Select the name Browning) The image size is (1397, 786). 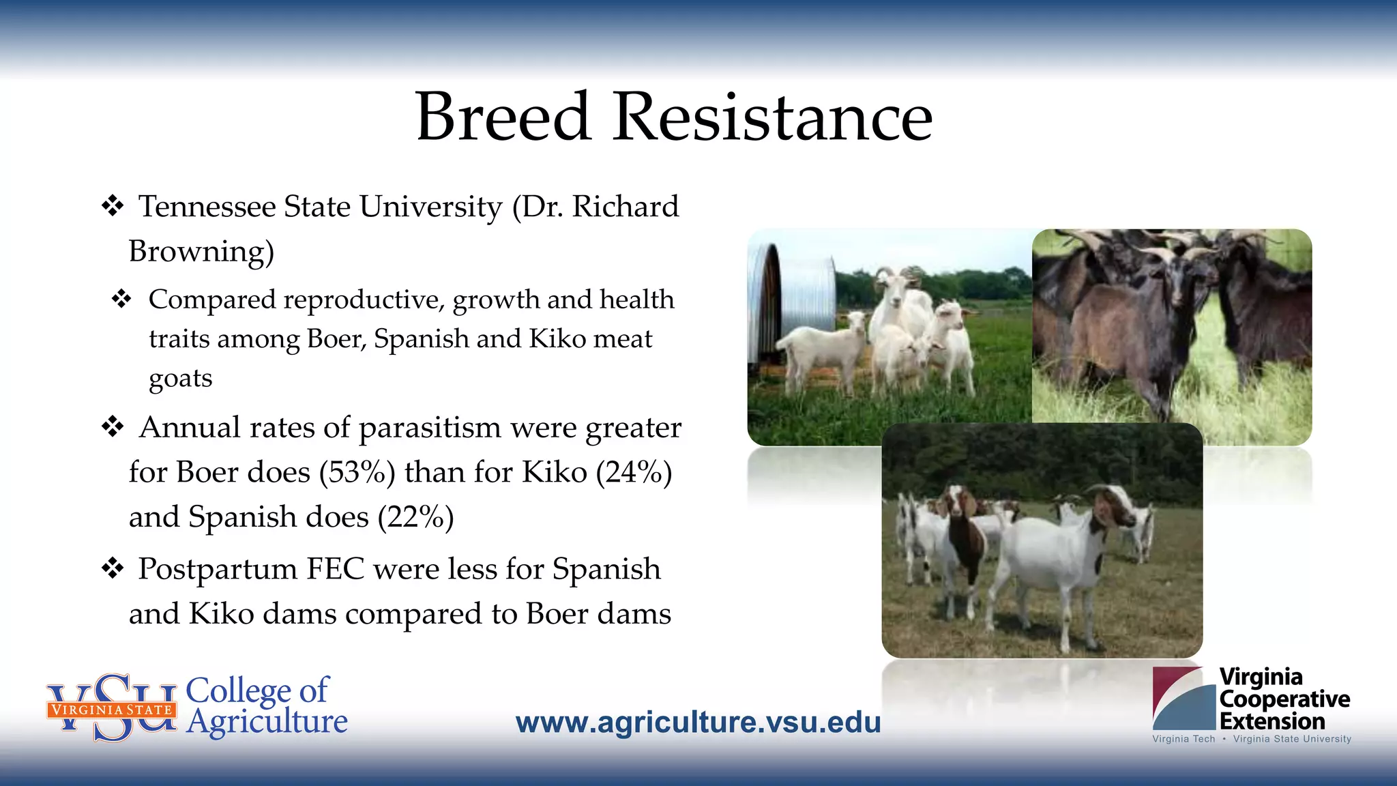pos(201,251)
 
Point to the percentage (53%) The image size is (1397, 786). pos(357,472)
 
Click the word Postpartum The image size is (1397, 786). pos(217,570)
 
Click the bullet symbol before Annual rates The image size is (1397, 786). pos(113,427)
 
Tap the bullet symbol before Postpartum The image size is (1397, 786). pos(113,568)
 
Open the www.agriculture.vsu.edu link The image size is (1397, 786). pos(698,723)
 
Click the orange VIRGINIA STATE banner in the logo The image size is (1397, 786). pos(111,710)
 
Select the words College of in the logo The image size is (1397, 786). pos(256,690)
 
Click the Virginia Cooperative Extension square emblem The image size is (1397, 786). pos(1183,698)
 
